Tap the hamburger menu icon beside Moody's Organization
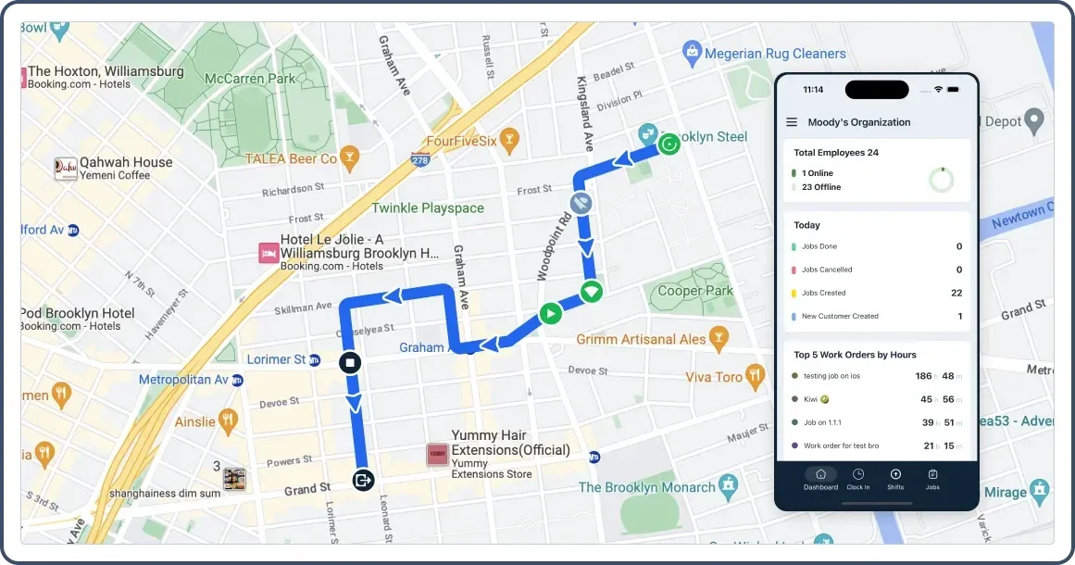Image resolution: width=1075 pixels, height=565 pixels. pyautogui.click(x=792, y=122)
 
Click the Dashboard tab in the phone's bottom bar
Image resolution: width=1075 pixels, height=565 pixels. pyautogui.click(x=820, y=479)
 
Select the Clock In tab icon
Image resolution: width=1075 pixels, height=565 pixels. pyautogui.click(x=858, y=479)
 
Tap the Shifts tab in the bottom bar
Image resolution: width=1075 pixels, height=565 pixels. pyautogui.click(x=895, y=479)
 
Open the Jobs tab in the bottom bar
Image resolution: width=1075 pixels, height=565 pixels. pyautogui.click(x=932, y=479)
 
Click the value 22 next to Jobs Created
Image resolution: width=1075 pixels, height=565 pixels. pyautogui.click(x=956, y=293)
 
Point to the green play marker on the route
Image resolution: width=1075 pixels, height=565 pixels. pyautogui.click(x=550, y=313)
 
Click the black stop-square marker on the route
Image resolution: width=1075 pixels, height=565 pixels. pyautogui.click(x=349, y=362)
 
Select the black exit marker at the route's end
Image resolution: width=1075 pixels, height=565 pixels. pyautogui.click(x=363, y=480)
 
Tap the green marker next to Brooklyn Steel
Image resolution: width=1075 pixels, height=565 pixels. pyautogui.click(x=669, y=144)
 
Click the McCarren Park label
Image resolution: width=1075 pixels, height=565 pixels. pyautogui.click(x=249, y=79)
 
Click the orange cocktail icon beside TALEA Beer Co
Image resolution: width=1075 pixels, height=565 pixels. pyautogui.click(x=349, y=157)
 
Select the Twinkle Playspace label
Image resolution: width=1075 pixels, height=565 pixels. pyautogui.click(x=428, y=207)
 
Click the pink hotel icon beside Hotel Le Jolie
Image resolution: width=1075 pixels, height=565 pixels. pyautogui.click(x=269, y=253)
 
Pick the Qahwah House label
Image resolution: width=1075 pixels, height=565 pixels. pyautogui.click(x=126, y=162)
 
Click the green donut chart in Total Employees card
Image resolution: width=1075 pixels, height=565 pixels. pyautogui.click(x=942, y=180)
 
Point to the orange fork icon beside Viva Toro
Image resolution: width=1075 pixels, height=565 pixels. pyautogui.click(x=756, y=376)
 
